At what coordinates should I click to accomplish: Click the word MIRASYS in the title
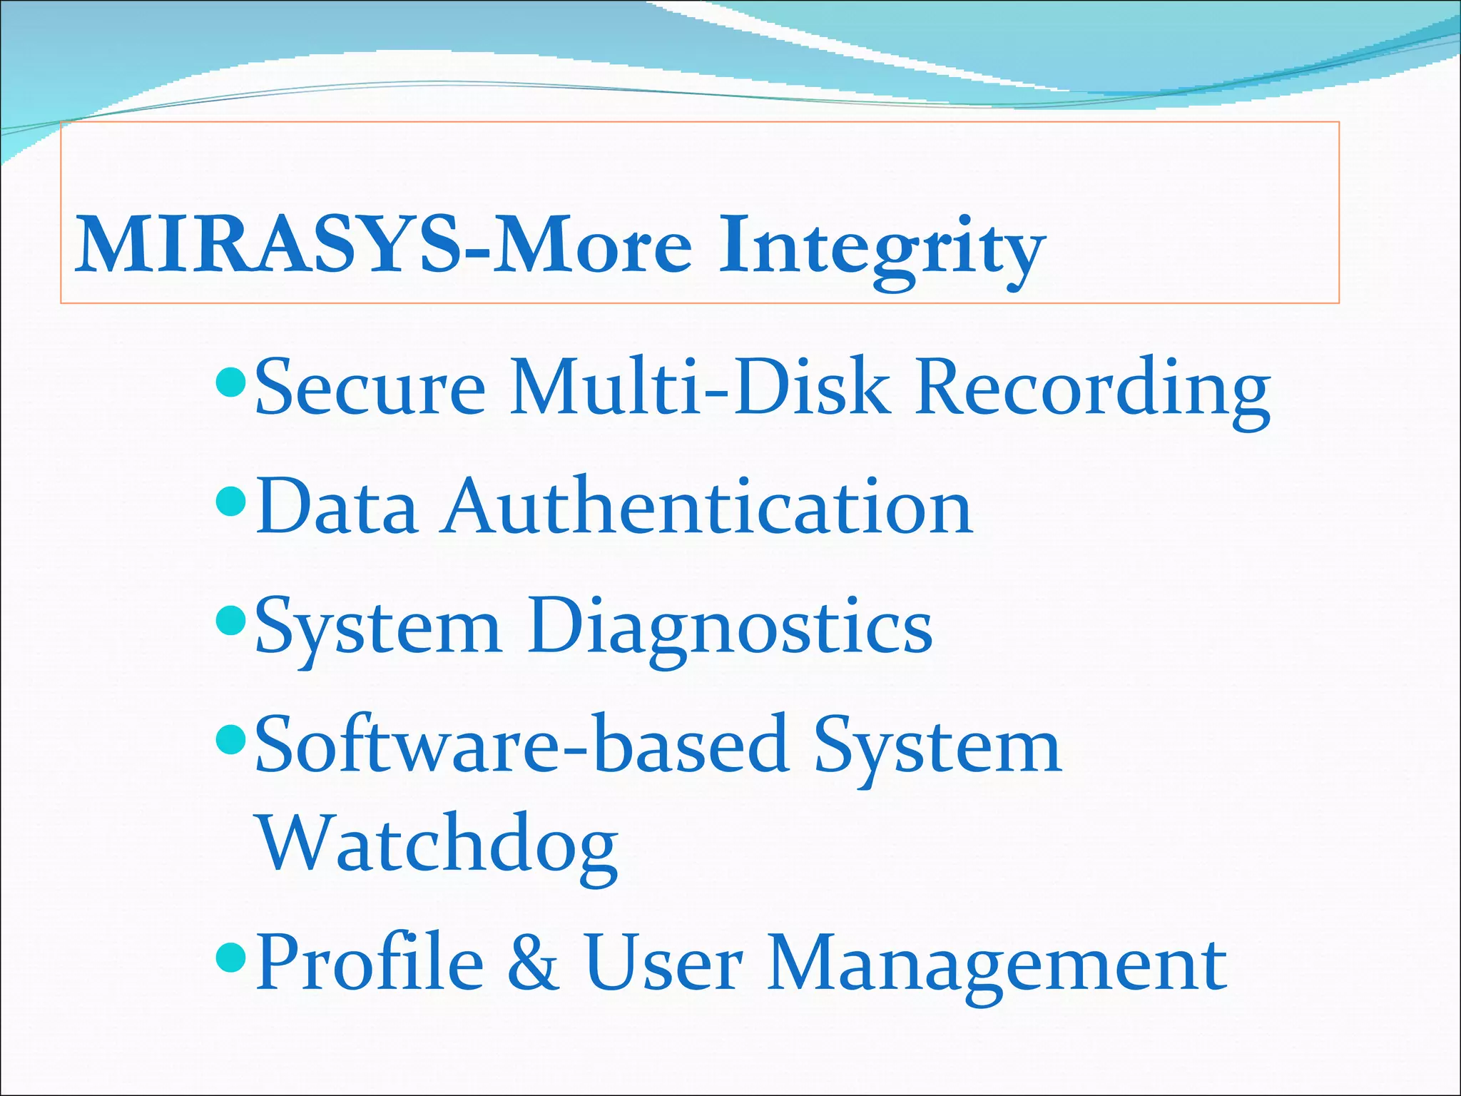268,245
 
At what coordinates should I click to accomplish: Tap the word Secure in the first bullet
370,388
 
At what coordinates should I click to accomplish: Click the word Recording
1092,391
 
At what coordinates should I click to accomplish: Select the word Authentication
707,507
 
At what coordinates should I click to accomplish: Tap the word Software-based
521,746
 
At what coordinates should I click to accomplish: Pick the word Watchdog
437,846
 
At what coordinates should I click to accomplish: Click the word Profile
370,963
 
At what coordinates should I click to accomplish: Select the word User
664,963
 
